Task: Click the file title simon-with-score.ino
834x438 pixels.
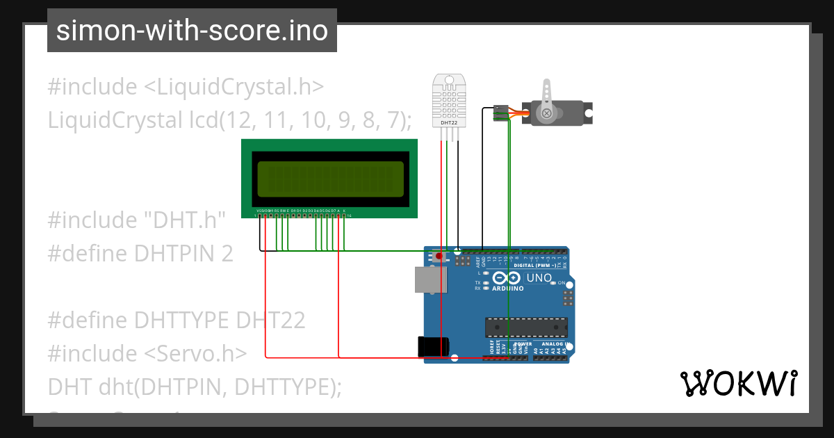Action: point(192,31)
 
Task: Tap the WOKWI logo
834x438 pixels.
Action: point(738,384)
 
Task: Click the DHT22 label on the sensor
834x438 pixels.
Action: point(449,122)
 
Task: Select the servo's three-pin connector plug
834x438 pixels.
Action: point(499,113)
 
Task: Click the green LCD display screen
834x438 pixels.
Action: point(330,179)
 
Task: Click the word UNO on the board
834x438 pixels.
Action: point(539,278)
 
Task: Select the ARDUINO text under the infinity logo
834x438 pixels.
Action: point(507,288)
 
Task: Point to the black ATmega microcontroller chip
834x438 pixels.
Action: point(526,327)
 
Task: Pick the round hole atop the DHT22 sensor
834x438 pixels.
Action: point(449,80)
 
